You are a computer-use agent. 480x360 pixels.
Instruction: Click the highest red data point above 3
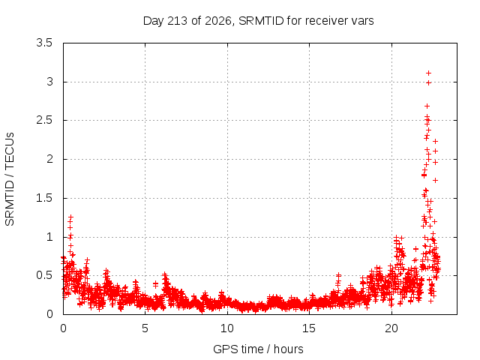pyautogui.click(x=428, y=73)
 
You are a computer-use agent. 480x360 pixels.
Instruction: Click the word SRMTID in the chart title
pyautogui.click(x=261, y=21)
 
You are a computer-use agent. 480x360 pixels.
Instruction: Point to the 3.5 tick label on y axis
pyautogui.click(x=44, y=43)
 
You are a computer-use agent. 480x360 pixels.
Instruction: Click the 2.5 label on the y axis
pyautogui.click(x=44, y=120)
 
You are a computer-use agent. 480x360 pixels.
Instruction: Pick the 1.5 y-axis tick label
pyautogui.click(x=44, y=198)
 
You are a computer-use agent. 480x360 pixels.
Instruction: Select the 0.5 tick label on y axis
pyautogui.click(x=44, y=275)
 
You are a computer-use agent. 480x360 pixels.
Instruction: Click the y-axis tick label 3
pyautogui.click(x=49, y=82)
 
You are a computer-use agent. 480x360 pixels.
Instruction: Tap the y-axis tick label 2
pyautogui.click(x=49, y=159)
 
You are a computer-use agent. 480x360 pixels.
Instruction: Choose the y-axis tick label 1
pyautogui.click(x=49, y=237)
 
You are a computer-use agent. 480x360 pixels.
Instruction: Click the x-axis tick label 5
pyautogui.click(x=145, y=328)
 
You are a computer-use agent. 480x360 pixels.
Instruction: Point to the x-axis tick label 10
pyautogui.click(x=227, y=328)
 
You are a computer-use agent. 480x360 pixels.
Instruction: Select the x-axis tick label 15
pyautogui.click(x=309, y=328)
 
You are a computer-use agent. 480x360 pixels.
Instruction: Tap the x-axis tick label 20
pyautogui.click(x=391, y=328)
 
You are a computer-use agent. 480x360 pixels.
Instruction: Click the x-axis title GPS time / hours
pyautogui.click(x=258, y=349)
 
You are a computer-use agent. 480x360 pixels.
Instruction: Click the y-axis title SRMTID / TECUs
pyautogui.click(x=10, y=179)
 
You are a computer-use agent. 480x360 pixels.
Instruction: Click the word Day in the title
pyautogui.click(x=154, y=21)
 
